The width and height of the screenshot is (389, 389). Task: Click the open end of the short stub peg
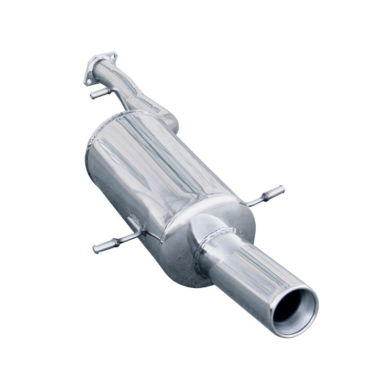pos(92,96)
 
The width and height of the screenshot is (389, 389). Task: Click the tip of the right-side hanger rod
pos(281,189)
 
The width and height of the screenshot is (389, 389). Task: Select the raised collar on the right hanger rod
pos(265,196)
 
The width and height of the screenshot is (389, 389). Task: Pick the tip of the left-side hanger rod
pos(96,249)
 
